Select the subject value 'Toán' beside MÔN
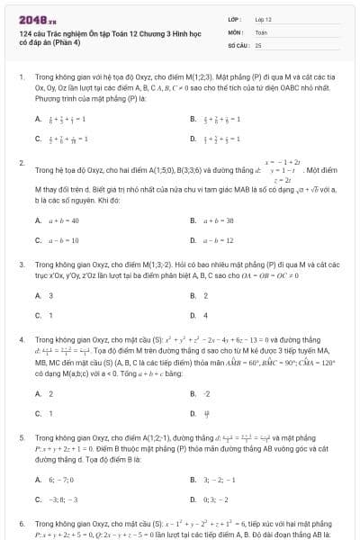261,31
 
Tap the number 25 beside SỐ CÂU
258,44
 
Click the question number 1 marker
21,78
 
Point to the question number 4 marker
21,341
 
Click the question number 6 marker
21,522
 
